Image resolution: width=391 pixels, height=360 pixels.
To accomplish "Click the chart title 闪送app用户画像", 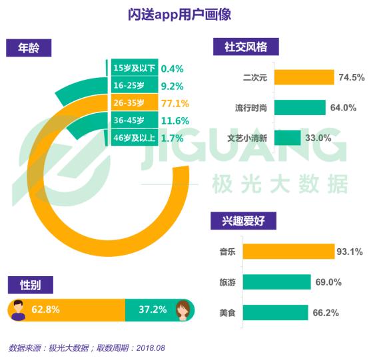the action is pyautogui.click(x=179, y=15).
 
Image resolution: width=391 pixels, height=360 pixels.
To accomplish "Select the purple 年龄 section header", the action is pyautogui.click(x=29, y=48).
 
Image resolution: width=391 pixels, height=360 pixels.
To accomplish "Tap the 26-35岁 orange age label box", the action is pyautogui.click(x=135, y=102).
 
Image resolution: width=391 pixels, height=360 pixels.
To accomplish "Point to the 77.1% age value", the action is pyautogui.click(x=175, y=103).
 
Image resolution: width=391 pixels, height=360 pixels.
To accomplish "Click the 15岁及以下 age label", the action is pyautogui.click(x=135, y=68).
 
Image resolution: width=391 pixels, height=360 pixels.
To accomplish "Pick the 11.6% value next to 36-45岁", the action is pyautogui.click(x=175, y=121).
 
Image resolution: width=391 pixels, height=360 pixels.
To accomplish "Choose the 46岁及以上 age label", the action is pyautogui.click(x=135, y=138).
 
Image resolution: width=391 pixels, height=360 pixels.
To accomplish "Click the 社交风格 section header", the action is pyautogui.click(x=246, y=47).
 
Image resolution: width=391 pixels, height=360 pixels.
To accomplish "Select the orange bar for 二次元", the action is pyautogui.click(x=304, y=77).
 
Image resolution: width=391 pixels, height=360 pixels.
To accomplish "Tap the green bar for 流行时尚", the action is pyautogui.click(x=300, y=107).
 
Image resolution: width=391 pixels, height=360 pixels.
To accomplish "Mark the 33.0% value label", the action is pyautogui.click(x=318, y=138).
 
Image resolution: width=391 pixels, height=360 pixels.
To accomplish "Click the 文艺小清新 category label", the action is pyautogui.click(x=247, y=138).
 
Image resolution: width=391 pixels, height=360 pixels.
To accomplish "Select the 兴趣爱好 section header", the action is pyautogui.click(x=243, y=221).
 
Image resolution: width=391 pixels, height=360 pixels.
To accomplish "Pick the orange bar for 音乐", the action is pyautogui.click(x=289, y=252).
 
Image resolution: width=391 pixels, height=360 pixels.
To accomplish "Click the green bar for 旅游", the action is pyautogui.click(x=277, y=281).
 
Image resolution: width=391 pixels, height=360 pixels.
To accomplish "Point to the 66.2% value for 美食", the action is pyautogui.click(x=326, y=313).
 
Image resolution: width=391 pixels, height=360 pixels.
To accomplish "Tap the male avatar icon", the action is pyautogui.click(x=18, y=310).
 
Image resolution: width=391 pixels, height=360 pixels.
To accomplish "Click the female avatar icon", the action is pyautogui.click(x=183, y=310).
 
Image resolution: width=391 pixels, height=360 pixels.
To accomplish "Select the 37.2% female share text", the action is pyautogui.click(x=153, y=309).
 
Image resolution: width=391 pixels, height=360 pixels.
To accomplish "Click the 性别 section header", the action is pyautogui.click(x=31, y=285).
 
